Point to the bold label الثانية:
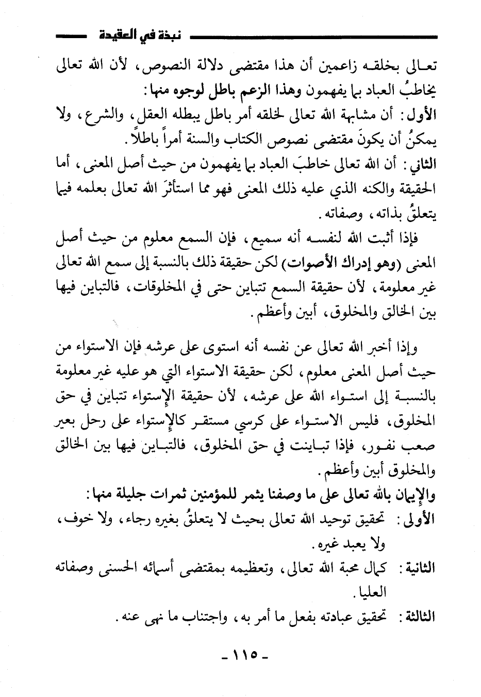click(x=418, y=568)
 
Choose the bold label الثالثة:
click(x=418, y=616)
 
